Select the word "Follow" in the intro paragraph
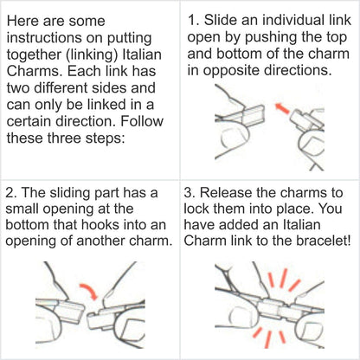[x=142, y=121]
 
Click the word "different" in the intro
[x=64, y=87]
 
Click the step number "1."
[x=193, y=20]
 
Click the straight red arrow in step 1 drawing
[x=282, y=108]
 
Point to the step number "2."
[x=11, y=193]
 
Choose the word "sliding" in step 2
[x=67, y=193]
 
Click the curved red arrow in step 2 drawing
[x=90, y=291]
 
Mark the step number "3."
[x=190, y=193]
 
